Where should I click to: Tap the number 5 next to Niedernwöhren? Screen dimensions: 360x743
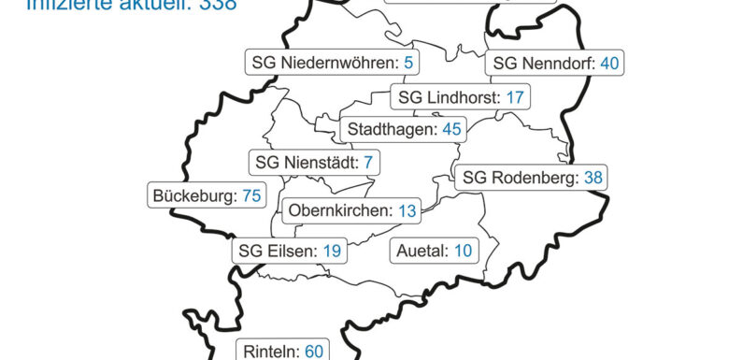[407, 64]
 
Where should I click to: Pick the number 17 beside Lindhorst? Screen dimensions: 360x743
[515, 97]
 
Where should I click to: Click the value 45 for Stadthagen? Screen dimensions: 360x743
[451, 129]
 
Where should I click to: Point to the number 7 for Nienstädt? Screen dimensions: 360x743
[368, 163]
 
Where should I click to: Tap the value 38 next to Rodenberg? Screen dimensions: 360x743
[593, 178]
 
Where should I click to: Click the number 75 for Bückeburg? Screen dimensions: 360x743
[251, 196]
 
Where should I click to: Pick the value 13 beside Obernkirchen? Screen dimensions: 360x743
[407, 211]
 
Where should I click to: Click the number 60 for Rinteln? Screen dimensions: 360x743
[313, 351]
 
